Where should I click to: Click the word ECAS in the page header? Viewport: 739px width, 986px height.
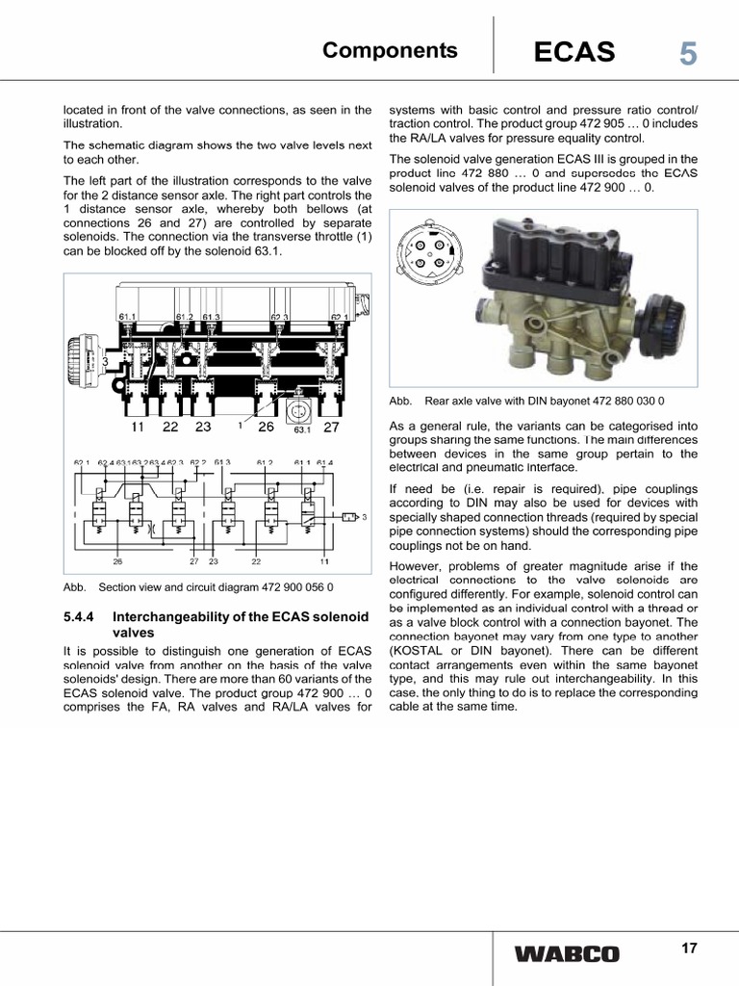(x=574, y=52)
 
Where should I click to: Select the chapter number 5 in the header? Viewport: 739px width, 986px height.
(x=687, y=53)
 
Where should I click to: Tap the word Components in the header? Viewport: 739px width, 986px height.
(x=390, y=51)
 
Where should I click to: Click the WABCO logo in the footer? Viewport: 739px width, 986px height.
(x=567, y=954)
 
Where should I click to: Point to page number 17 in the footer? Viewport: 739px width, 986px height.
(x=688, y=948)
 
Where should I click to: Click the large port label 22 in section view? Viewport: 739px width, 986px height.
(x=170, y=427)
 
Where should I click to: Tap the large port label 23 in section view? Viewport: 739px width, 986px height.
(x=202, y=427)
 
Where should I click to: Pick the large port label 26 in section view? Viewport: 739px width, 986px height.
(x=267, y=427)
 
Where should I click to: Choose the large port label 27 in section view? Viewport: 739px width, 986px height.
(x=331, y=427)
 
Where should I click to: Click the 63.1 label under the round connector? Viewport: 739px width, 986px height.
(x=301, y=430)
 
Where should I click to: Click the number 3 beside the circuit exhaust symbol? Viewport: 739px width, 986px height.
(x=365, y=517)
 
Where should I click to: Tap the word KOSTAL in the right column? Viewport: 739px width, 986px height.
(x=415, y=651)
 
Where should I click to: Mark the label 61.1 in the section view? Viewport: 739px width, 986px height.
(x=128, y=316)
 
